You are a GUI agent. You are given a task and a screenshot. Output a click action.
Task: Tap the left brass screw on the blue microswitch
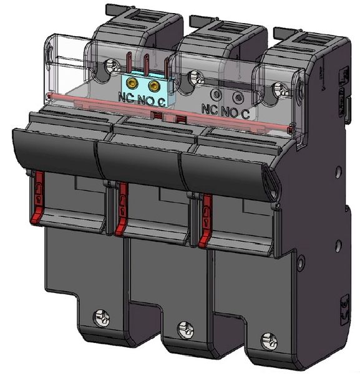click(x=132, y=83)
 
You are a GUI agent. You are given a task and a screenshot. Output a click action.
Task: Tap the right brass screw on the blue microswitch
click(x=153, y=84)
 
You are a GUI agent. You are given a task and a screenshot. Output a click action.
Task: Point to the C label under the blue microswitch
click(x=161, y=100)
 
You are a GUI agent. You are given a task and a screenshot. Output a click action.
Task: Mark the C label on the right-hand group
click(x=245, y=113)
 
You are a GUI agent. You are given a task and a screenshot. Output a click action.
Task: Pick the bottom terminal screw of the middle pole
click(x=183, y=328)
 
